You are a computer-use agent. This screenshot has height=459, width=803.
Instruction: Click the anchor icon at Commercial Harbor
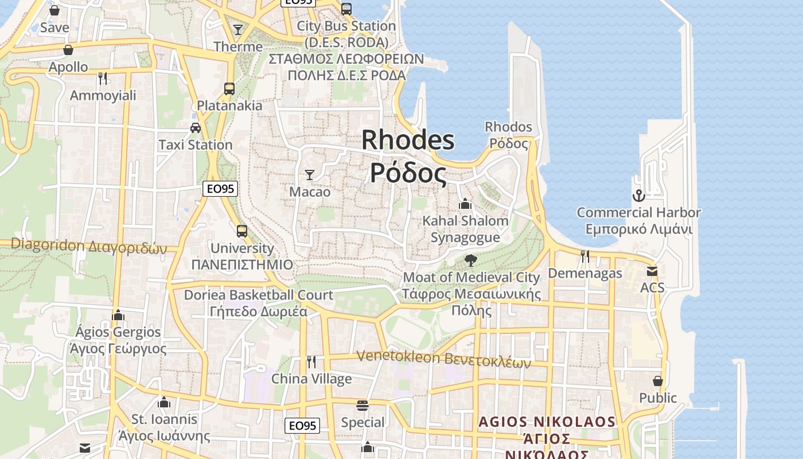pyautogui.click(x=638, y=196)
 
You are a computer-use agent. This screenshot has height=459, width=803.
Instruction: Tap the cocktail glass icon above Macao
pyautogui.click(x=310, y=175)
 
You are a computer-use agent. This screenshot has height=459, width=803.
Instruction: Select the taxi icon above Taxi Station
pyautogui.click(x=196, y=128)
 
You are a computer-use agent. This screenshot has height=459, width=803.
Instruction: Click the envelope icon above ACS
pyautogui.click(x=652, y=271)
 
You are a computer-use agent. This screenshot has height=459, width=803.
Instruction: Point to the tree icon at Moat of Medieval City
pyautogui.click(x=471, y=260)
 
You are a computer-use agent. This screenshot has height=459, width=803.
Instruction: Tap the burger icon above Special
pyautogui.click(x=362, y=406)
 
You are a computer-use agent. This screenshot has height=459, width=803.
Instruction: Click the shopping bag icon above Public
pyautogui.click(x=658, y=381)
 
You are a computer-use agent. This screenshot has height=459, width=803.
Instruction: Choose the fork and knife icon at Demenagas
pyautogui.click(x=584, y=256)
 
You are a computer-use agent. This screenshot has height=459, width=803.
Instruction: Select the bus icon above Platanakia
pyautogui.click(x=229, y=89)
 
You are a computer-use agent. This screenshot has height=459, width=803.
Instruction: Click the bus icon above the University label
pyautogui.click(x=242, y=231)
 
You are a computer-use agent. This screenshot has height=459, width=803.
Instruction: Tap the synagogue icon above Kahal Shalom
pyautogui.click(x=465, y=204)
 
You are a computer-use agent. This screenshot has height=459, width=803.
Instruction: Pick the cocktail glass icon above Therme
pyautogui.click(x=238, y=29)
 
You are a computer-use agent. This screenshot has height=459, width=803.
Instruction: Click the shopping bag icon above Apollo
pyautogui.click(x=68, y=50)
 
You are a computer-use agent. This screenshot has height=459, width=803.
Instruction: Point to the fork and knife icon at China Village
pyautogui.click(x=311, y=361)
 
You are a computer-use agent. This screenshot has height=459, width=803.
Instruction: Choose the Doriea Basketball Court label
pyautogui.click(x=258, y=295)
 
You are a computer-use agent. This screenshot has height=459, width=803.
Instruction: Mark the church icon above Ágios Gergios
pyautogui.click(x=118, y=314)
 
